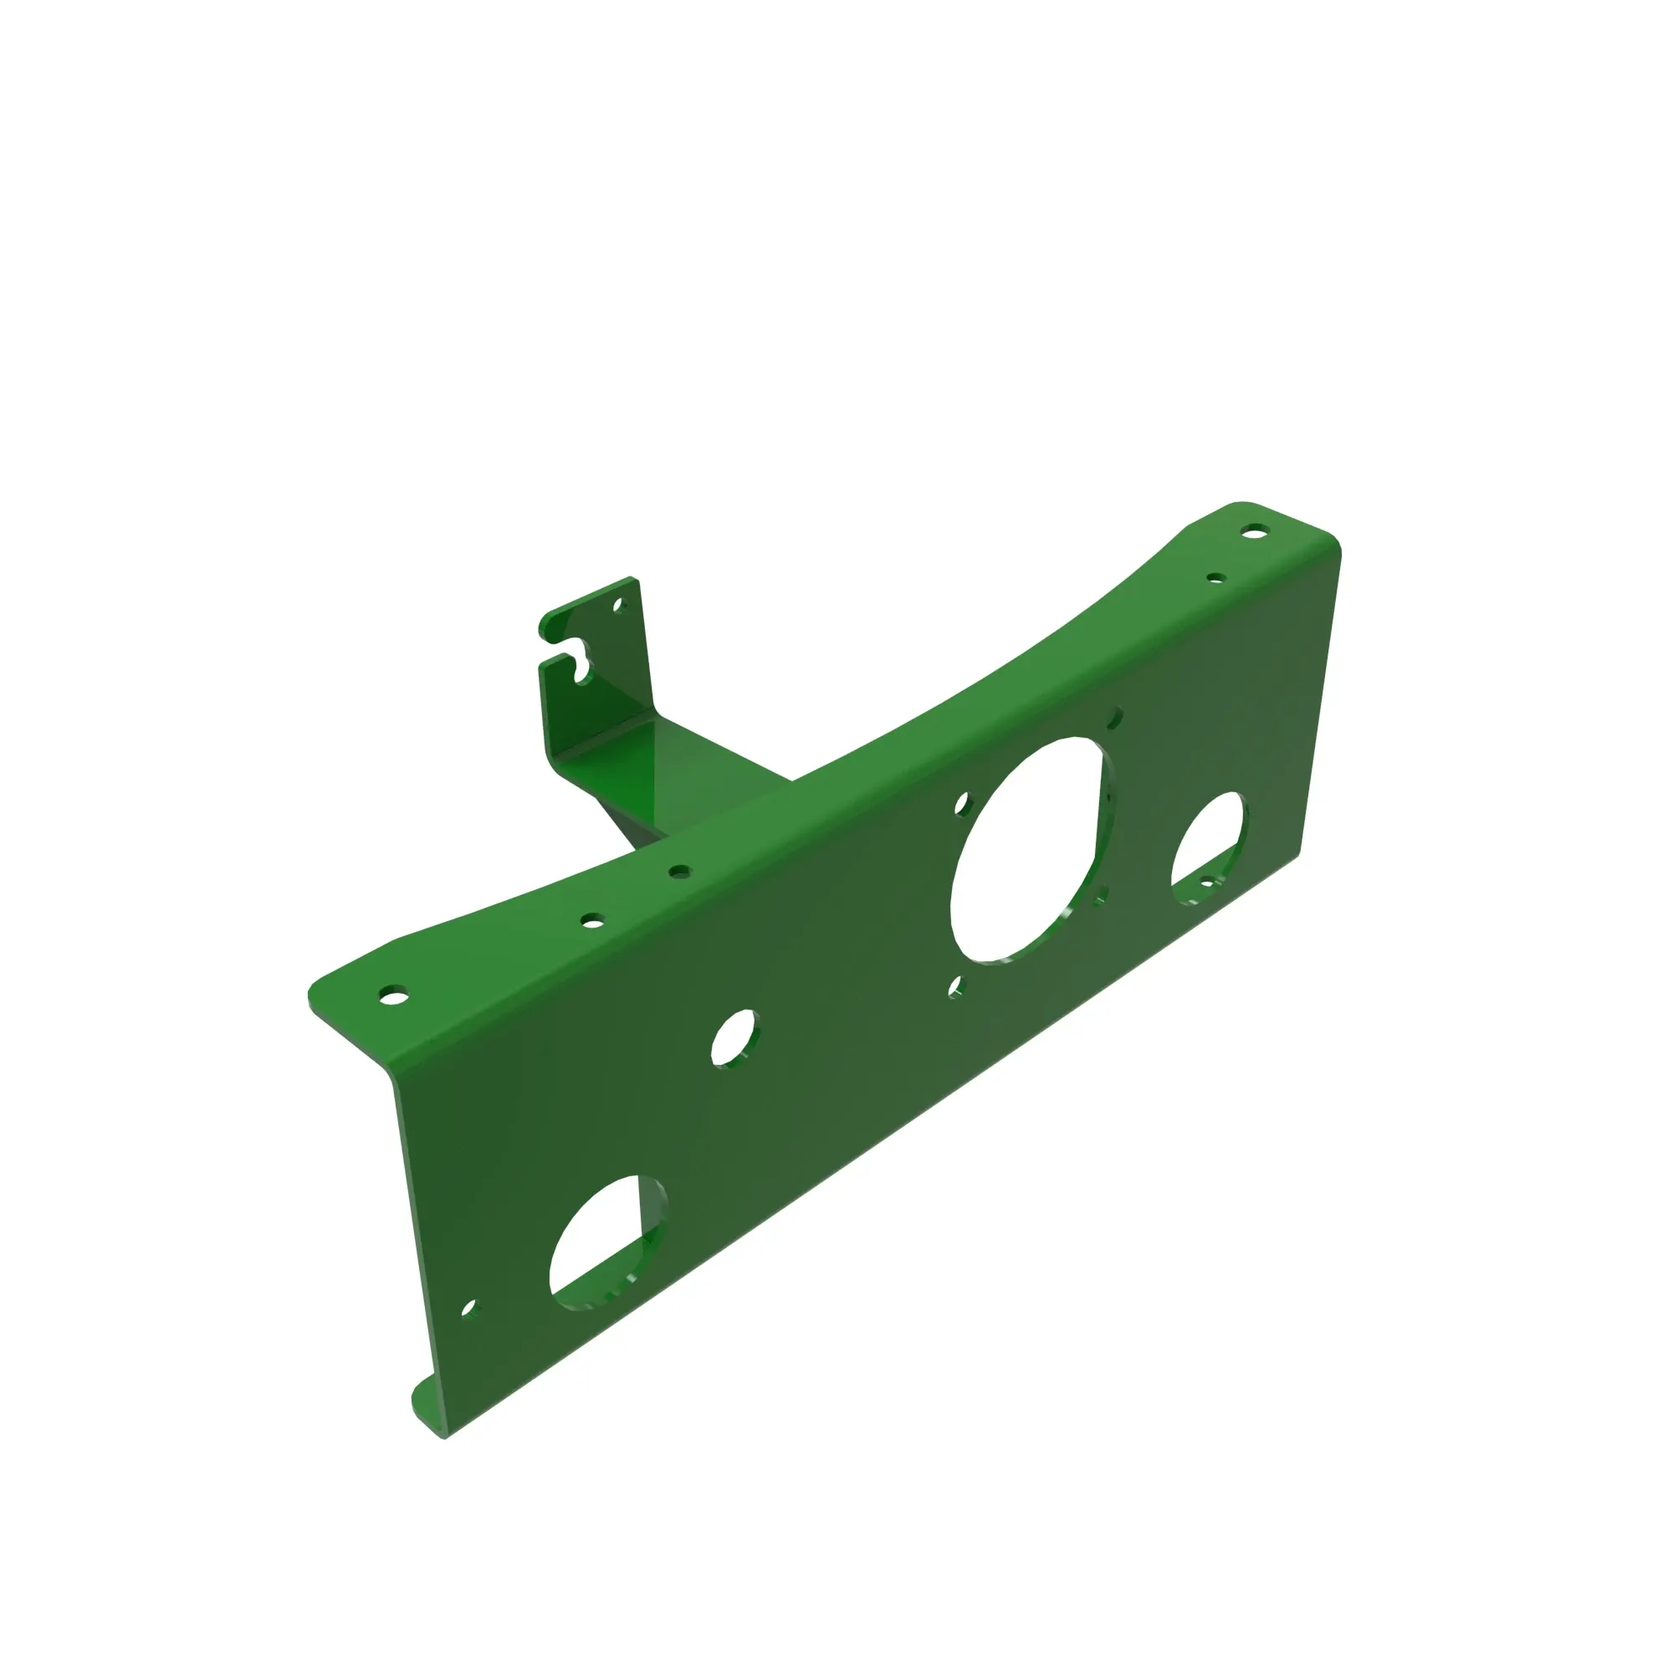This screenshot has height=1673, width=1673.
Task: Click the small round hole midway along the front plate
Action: point(734,1038)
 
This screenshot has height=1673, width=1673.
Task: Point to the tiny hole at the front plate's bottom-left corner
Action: point(468,1307)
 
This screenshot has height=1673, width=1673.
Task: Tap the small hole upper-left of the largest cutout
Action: point(962,805)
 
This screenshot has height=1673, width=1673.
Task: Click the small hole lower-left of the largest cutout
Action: point(955,986)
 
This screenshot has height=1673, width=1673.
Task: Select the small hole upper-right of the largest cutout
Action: point(1115,718)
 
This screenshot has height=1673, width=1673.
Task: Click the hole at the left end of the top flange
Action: point(394,995)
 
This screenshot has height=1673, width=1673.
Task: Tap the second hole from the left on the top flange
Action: point(592,920)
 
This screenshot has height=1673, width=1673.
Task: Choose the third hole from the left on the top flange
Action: point(680,871)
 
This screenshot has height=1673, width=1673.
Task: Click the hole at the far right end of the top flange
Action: point(1252,531)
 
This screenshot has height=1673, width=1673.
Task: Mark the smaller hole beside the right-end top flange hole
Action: point(1215,577)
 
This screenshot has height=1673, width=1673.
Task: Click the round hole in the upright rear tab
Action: point(618,606)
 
